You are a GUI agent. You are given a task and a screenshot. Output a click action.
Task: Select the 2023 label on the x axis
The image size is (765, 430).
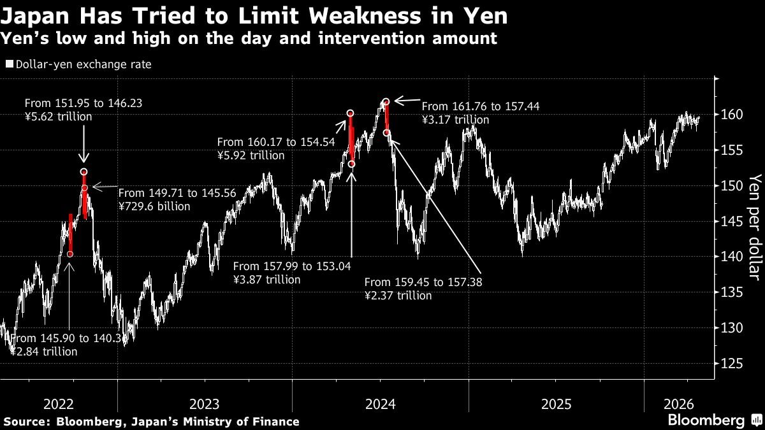[x=205, y=404]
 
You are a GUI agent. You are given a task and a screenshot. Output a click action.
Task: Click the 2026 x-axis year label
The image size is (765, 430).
[x=678, y=404]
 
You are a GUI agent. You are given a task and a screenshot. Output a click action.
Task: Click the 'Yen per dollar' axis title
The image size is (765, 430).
[x=754, y=226]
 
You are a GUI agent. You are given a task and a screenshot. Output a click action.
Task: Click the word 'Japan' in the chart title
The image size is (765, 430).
[x=31, y=15]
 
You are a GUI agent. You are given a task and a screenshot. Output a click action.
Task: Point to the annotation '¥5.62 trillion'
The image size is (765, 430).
[x=58, y=117]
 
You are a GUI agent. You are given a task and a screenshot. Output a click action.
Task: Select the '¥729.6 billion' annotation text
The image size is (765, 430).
[x=154, y=206]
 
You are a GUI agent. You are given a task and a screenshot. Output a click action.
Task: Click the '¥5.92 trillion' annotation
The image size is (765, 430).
[x=251, y=155]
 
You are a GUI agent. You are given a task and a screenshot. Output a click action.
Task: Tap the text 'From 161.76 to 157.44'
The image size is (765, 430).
[x=480, y=107]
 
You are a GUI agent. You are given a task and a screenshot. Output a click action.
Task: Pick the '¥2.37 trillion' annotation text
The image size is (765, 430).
[x=398, y=296]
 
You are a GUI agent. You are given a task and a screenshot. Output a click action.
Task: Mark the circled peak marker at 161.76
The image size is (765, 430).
[x=386, y=101]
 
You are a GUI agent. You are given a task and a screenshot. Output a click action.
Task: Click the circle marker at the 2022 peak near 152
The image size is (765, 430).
[x=84, y=172]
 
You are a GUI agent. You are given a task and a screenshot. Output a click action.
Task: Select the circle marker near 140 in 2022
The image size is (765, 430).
[x=70, y=254]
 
